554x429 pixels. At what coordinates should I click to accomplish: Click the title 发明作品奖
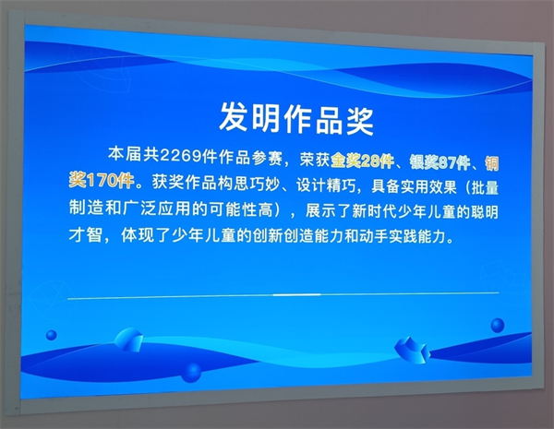click(x=296, y=118)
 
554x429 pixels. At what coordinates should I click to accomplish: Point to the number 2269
click(x=181, y=155)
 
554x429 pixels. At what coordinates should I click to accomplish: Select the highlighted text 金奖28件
click(x=362, y=161)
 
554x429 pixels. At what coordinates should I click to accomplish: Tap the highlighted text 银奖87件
click(x=440, y=162)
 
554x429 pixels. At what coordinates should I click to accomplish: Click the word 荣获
click(x=315, y=160)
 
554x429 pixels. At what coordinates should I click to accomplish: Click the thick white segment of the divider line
click(x=296, y=294)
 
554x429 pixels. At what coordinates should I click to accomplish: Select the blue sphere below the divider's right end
click(x=498, y=325)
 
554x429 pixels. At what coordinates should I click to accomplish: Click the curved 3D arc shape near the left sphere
click(x=128, y=340)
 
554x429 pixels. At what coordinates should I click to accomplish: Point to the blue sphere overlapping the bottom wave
click(x=191, y=373)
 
